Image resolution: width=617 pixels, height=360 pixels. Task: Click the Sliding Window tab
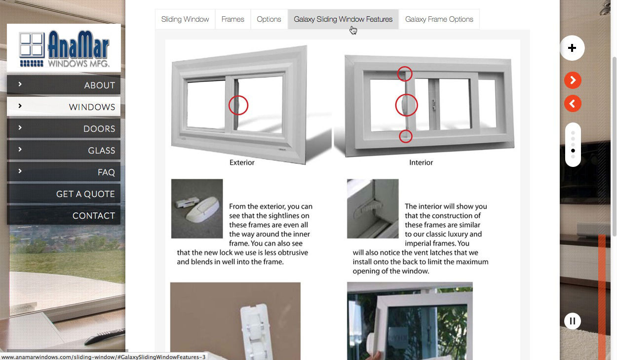pos(185,19)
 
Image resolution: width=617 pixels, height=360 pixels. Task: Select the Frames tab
pos(233,19)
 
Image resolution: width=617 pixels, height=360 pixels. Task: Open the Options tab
pos(269,19)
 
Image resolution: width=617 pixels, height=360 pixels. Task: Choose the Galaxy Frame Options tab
pos(439,19)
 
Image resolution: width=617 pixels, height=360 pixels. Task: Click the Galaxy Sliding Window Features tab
pos(343,19)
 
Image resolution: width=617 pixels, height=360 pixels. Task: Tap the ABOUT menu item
pos(64,85)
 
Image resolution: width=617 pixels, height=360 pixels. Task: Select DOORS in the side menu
pos(64,128)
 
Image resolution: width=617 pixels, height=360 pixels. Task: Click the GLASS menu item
pos(64,150)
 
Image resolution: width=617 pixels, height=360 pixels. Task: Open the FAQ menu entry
pos(64,172)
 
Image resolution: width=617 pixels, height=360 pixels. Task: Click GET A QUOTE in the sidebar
pos(64,194)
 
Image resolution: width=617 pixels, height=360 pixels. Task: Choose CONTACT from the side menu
pos(64,215)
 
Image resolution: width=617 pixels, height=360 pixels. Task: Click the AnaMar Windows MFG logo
pos(64,48)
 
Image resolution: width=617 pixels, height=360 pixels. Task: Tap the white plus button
pos(572,48)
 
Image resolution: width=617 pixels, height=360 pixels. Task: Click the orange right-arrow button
pos(573,80)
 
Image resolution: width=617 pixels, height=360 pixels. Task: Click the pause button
pos(573,321)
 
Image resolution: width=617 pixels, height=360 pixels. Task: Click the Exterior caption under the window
pos(242,162)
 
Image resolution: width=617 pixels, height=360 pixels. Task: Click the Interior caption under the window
pos(421,162)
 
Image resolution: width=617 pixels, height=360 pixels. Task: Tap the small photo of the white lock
pos(197,209)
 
